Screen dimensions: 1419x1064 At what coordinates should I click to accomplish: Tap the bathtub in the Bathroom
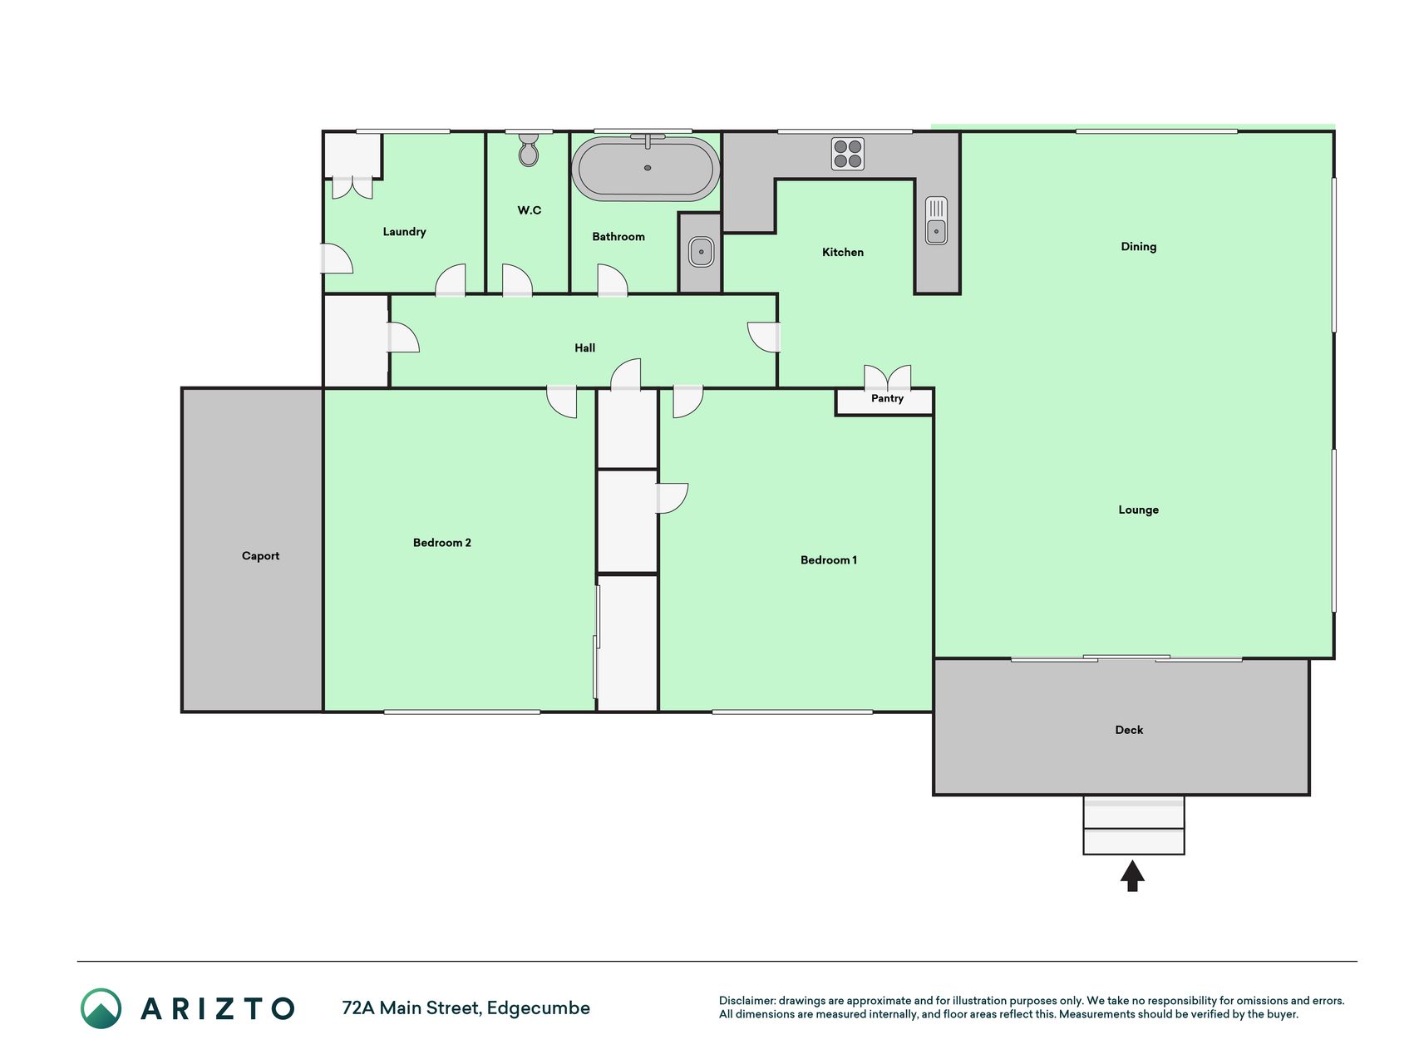click(646, 168)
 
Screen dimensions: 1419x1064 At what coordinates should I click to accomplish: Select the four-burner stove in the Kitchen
click(848, 154)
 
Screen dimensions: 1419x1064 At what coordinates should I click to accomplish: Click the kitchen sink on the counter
click(937, 220)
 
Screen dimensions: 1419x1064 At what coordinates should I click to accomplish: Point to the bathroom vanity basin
click(701, 252)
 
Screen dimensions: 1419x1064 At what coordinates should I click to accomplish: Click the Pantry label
click(887, 398)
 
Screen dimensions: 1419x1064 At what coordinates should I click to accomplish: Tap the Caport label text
click(260, 556)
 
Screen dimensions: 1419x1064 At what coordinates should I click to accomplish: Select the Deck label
click(1129, 730)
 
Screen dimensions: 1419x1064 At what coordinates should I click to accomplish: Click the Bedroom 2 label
click(442, 543)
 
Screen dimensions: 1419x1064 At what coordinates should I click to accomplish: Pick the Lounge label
click(1138, 510)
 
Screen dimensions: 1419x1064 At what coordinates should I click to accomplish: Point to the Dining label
click(1138, 247)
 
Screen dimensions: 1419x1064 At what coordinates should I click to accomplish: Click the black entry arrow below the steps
click(1132, 876)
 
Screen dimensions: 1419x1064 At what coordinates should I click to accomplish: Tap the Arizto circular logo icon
click(101, 1008)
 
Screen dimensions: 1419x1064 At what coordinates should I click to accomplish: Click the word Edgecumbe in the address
click(539, 1008)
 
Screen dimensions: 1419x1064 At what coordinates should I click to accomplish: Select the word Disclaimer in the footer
click(747, 1001)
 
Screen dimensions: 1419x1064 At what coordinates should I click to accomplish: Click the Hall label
click(584, 348)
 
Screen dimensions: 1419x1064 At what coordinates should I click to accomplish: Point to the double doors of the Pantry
click(888, 378)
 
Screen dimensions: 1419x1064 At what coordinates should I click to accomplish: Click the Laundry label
click(404, 232)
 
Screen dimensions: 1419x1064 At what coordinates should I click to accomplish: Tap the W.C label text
click(530, 210)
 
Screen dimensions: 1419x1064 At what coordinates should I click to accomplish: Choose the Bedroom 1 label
click(829, 560)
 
